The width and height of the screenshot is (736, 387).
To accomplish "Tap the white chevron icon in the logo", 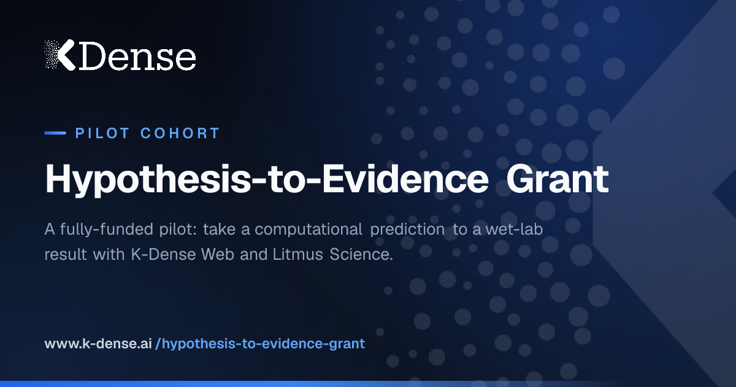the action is pyautogui.click(x=67, y=55).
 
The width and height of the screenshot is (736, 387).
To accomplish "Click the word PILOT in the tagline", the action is pyautogui.click(x=102, y=133).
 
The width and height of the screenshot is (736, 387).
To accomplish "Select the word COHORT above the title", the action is pyautogui.click(x=180, y=133).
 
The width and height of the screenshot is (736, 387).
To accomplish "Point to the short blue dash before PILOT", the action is pyautogui.click(x=55, y=133).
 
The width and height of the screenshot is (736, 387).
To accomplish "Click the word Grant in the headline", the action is pyautogui.click(x=558, y=179).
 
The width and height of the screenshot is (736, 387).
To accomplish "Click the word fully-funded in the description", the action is pyautogui.click(x=107, y=229).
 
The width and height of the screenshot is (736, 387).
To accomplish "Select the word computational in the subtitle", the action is pyautogui.click(x=308, y=229).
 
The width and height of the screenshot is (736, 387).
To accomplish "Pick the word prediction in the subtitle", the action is pyautogui.click(x=407, y=229).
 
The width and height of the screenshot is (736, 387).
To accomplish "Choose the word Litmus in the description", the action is pyautogui.click(x=297, y=254).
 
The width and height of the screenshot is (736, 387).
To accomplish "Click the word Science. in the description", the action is pyautogui.click(x=361, y=254).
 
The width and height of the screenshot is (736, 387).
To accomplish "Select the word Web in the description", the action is pyautogui.click(x=218, y=254).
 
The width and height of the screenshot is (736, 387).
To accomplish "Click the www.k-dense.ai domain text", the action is pyautogui.click(x=98, y=344).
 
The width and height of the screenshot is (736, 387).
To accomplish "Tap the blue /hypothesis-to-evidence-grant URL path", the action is pyautogui.click(x=260, y=344).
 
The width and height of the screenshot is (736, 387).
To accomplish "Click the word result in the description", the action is pyautogui.click(x=66, y=254).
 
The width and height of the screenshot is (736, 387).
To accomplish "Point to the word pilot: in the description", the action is pyautogui.click(x=178, y=229).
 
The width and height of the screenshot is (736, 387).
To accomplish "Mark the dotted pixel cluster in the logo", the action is pyautogui.click(x=52, y=54).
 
